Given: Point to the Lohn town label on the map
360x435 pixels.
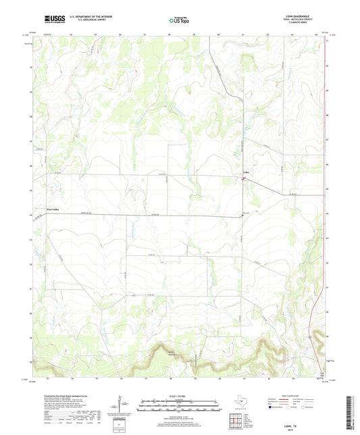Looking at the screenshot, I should coord(247,179).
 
